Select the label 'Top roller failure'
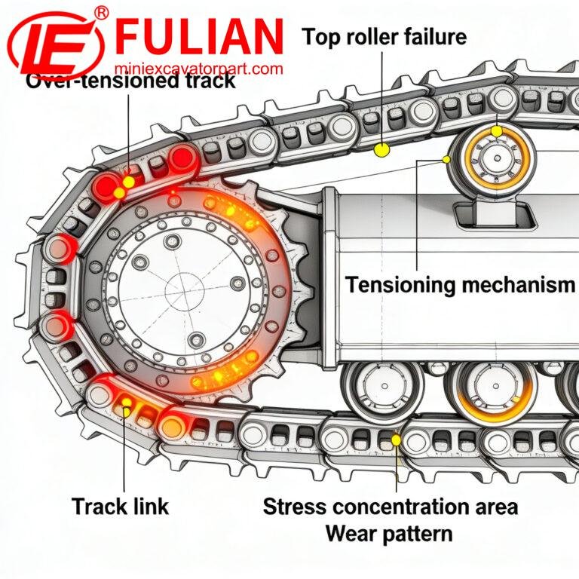coord(384,36)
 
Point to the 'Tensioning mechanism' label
coord(461,285)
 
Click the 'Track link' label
coord(121,506)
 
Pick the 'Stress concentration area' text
coord(390,506)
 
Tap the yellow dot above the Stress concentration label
coord(396,438)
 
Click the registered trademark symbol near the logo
coord(103,11)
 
